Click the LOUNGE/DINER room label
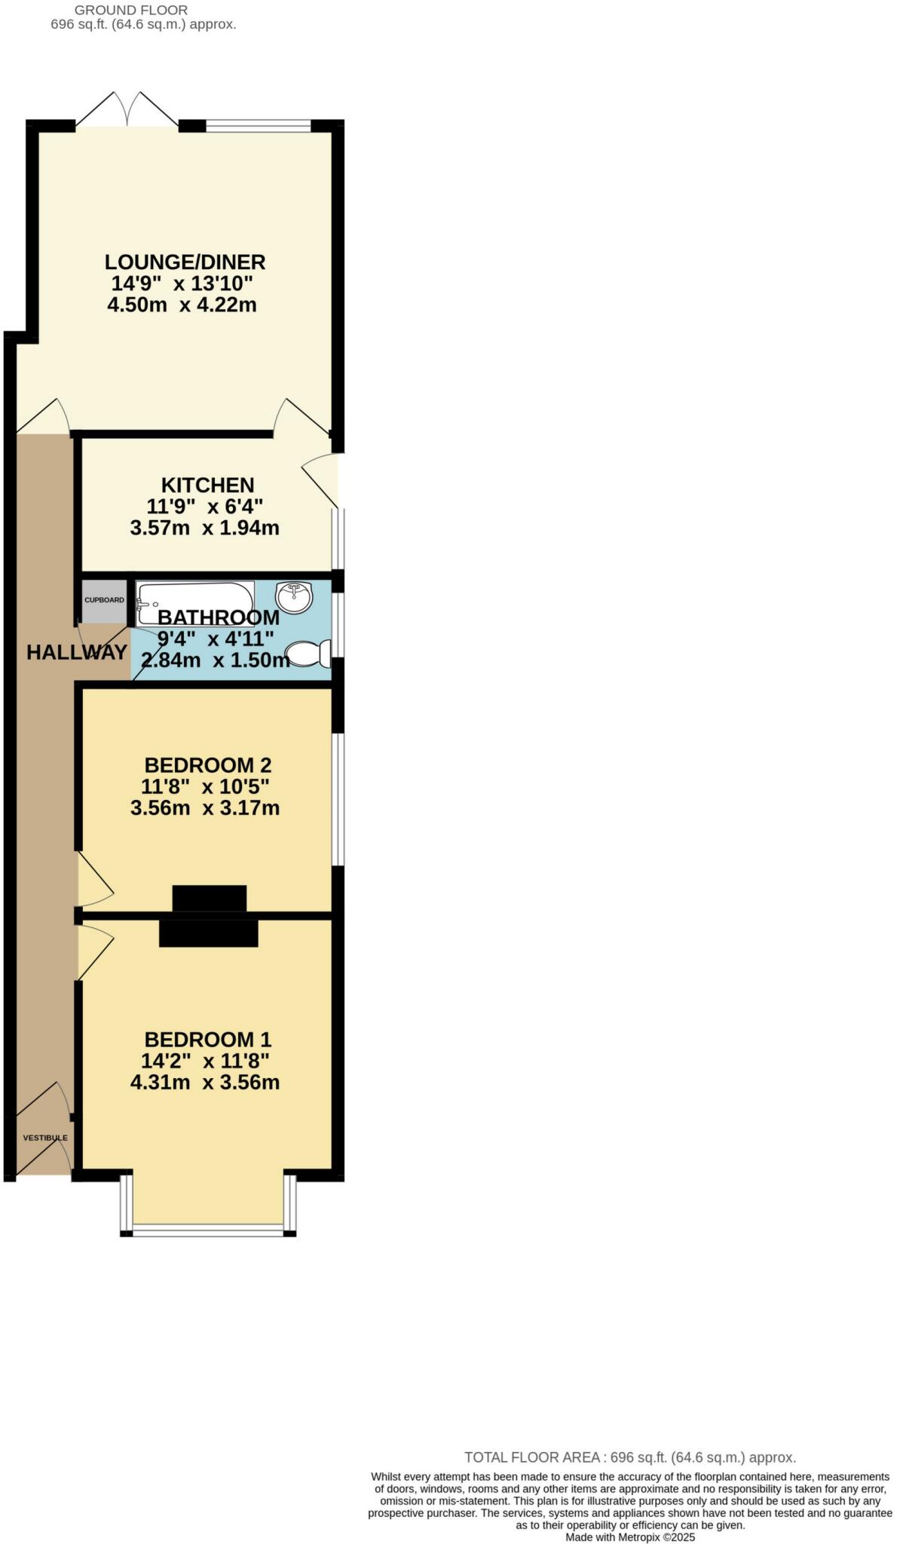click(x=185, y=262)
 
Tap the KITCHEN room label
click(x=207, y=485)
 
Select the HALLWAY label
click(x=76, y=652)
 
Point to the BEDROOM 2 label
click(x=207, y=765)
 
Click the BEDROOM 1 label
click(x=207, y=1040)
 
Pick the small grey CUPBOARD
click(x=104, y=601)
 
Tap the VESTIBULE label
click(x=45, y=1138)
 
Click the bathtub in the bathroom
click(x=194, y=603)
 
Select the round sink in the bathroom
click(x=294, y=598)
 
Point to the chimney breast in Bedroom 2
click(x=210, y=898)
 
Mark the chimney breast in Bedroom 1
click(x=209, y=933)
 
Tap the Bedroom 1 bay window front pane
click(x=208, y=1233)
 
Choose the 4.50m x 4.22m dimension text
click(x=182, y=305)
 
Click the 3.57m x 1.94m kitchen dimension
click(x=204, y=528)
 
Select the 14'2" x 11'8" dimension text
click(x=205, y=1061)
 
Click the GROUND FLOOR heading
click(x=131, y=11)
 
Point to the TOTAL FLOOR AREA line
click(x=629, y=1457)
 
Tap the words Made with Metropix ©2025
click(x=630, y=1536)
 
